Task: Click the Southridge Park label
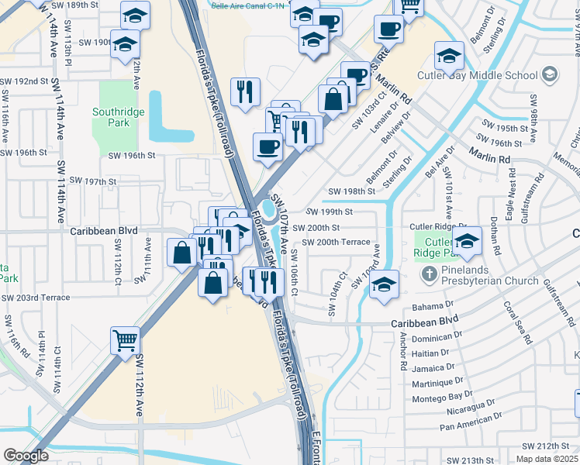click(x=118, y=117)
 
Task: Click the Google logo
click(x=26, y=456)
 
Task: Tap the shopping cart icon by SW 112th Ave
click(x=125, y=339)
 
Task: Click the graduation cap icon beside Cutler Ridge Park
click(x=468, y=242)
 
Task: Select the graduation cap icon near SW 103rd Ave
click(x=384, y=284)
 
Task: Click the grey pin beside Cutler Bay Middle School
click(x=549, y=74)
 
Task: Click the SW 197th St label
click(x=93, y=181)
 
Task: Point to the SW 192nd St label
click(x=24, y=81)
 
